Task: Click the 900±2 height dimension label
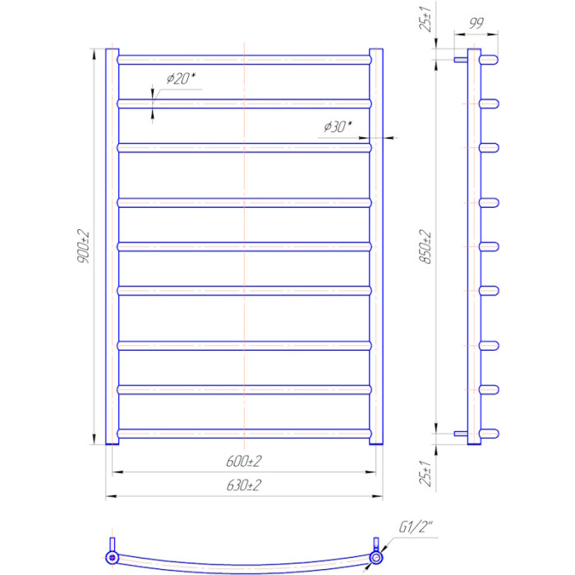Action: (x=83, y=246)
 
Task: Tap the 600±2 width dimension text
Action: (x=244, y=461)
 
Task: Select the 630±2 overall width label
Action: (x=244, y=485)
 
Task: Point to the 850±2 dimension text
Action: (x=425, y=246)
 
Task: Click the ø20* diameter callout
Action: (x=181, y=78)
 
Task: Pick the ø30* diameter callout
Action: (x=338, y=126)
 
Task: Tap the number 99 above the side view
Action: (x=476, y=23)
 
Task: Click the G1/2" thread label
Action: (x=416, y=527)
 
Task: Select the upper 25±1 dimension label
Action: (x=425, y=19)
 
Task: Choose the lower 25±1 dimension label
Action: (x=425, y=473)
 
